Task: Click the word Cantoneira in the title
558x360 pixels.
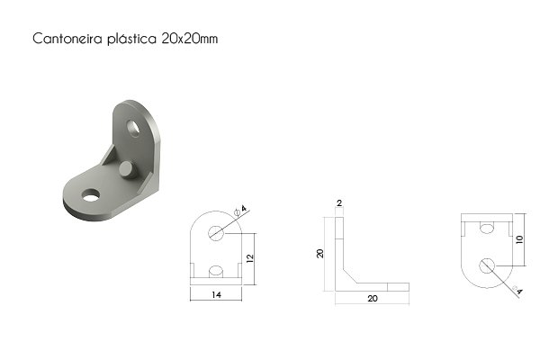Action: pos(67,38)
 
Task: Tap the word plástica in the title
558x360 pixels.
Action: pos(131,38)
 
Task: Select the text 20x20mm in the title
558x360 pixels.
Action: pos(190,38)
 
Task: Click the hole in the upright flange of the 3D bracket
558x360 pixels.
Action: pos(133,129)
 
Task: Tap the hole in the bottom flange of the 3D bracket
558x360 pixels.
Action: pos(91,195)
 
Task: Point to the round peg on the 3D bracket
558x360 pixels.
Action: pos(128,170)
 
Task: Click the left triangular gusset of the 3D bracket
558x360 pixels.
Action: pos(109,155)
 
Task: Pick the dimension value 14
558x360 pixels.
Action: pos(216,294)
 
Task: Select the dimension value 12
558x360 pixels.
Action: pos(250,258)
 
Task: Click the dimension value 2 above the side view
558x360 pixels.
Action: pos(339,203)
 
